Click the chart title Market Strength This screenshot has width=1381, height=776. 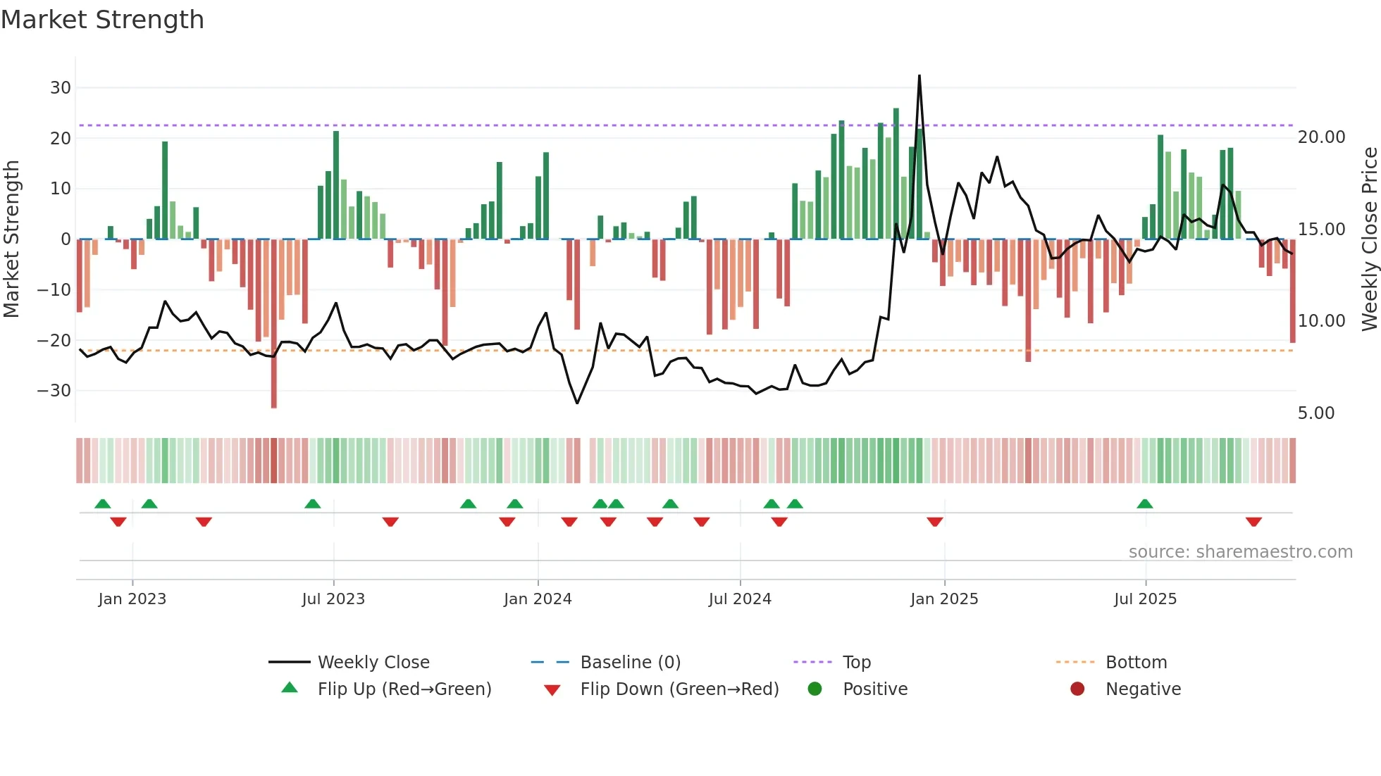click(x=102, y=20)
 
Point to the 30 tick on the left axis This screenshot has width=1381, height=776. click(x=61, y=88)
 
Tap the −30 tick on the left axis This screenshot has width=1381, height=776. click(x=54, y=391)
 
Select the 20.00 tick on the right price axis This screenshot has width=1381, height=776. click(x=1321, y=137)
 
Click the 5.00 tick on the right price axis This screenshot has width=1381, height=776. click(x=1315, y=413)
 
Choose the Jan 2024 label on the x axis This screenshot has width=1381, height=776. click(x=538, y=599)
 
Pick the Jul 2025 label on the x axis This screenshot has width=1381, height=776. click(x=1145, y=599)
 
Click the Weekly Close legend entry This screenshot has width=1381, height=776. click(x=373, y=663)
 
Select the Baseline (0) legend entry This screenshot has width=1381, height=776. click(x=630, y=663)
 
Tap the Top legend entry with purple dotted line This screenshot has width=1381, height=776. click(x=856, y=663)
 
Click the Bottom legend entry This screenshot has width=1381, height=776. click(x=1136, y=663)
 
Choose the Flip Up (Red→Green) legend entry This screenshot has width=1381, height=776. click(x=404, y=689)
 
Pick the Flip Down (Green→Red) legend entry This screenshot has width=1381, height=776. click(x=679, y=689)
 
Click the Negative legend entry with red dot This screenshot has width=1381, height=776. click(x=1142, y=689)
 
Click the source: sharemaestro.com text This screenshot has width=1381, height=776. click(x=1240, y=552)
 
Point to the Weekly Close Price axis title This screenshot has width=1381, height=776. click(x=1369, y=239)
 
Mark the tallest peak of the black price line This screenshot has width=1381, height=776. click(x=919, y=76)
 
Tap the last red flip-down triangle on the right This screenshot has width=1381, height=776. click(x=1253, y=522)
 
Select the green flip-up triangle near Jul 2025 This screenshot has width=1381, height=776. click(x=1144, y=503)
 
